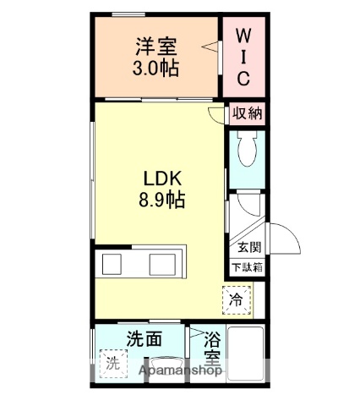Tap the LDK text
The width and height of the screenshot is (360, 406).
click(x=157, y=178)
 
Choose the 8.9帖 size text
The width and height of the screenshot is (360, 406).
click(x=157, y=200)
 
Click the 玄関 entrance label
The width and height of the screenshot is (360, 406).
click(x=248, y=247)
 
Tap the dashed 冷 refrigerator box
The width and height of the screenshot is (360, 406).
click(x=237, y=299)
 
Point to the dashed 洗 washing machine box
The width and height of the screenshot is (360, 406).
click(x=112, y=365)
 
